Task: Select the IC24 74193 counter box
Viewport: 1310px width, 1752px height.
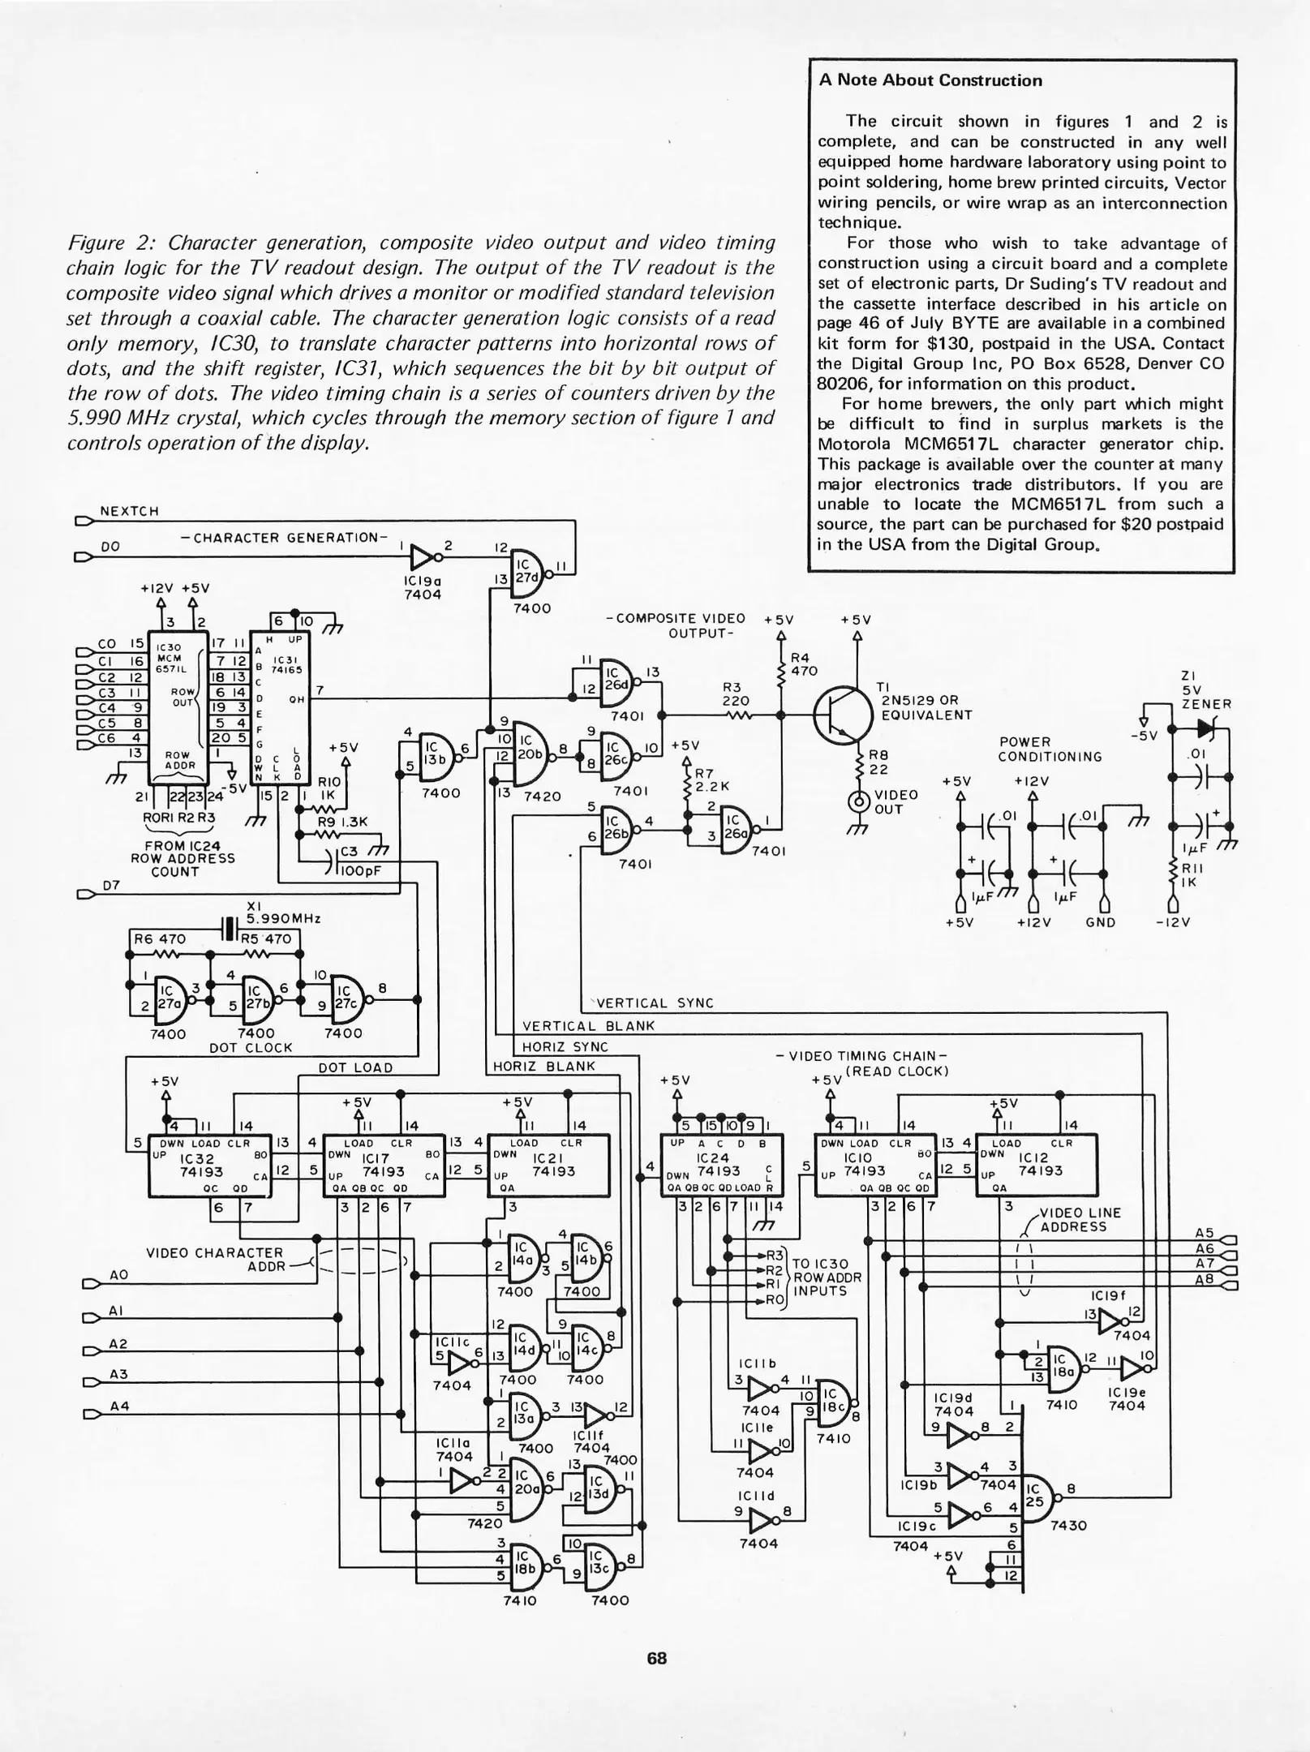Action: tap(722, 1166)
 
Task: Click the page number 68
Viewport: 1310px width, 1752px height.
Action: tap(656, 1659)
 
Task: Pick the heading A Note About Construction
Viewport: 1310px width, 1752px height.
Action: tap(930, 80)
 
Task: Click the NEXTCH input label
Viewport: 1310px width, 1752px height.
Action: tap(129, 511)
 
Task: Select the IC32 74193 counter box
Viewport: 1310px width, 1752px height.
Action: tap(209, 1166)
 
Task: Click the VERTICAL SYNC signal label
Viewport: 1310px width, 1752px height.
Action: tap(655, 1003)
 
